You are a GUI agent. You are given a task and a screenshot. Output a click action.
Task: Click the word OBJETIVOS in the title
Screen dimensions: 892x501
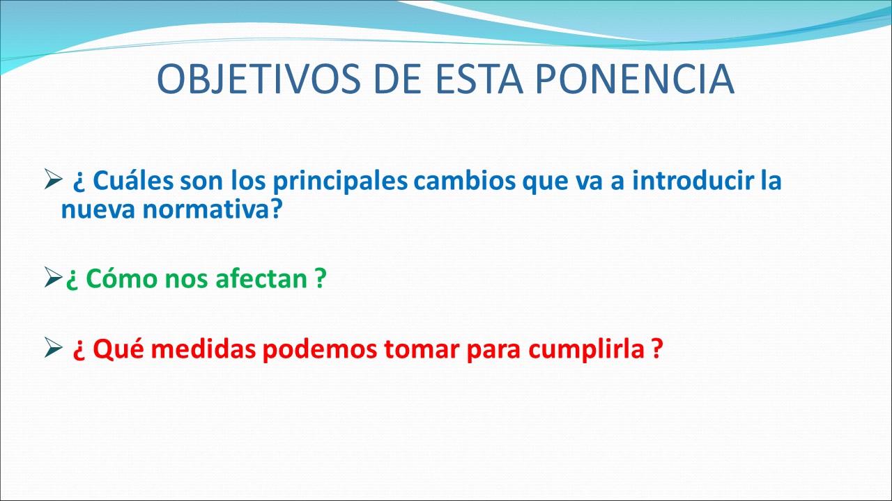pyautogui.click(x=259, y=79)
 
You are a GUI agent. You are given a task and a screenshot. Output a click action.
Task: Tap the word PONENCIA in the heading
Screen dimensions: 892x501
pyautogui.click(x=634, y=79)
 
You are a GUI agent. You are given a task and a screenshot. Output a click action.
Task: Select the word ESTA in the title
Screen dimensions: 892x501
pyautogui.click(x=479, y=79)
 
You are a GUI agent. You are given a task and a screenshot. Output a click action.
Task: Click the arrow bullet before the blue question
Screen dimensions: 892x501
pyautogui.click(x=53, y=179)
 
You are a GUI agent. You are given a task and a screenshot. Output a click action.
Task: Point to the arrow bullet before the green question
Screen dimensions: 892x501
pyautogui.click(x=53, y=277)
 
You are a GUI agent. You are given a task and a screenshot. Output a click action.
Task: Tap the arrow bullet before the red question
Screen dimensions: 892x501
pyautogui.click(x=53, y=347)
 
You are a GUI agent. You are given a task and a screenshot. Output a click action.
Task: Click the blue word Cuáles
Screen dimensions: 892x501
pyautogui.click(x=133, y=180)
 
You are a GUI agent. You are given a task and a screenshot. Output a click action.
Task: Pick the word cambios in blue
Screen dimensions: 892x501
pyautogui.click(x=465, y=180)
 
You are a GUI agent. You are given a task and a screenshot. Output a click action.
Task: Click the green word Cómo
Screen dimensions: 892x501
pyautogui.click(x=122, y=278)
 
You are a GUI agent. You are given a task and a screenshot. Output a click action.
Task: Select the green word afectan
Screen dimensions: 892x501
pyautogui.click(x=261, y=278)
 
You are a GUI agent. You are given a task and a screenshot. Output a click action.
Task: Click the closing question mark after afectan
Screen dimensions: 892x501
pyautogui.click(x=321, y=278)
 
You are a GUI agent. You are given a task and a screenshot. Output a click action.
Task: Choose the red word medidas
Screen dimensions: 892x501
pyautogui.click(x=203, y=349)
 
